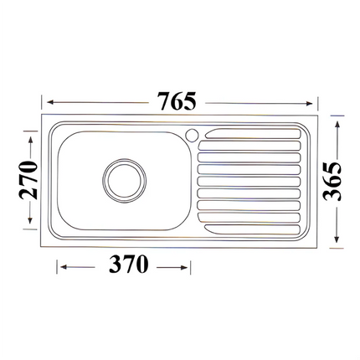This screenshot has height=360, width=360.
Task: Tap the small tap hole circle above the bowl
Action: pyautogui.click(x=190, y=134)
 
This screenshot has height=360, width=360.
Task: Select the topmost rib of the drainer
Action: pyautogui.click(x=250, y=134)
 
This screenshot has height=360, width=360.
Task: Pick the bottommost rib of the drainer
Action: pyautogui.click(x=250, y=225)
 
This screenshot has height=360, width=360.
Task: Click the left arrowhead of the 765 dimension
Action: pyautogui.click(x=48, y=102)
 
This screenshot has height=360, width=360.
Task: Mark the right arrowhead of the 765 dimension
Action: pyautogui.click(x=316, y=102)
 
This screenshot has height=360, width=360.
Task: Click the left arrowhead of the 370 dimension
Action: pyautogui.click(x=59, y=267)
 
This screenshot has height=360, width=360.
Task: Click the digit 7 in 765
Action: pyautogui.click(x=162, y=101)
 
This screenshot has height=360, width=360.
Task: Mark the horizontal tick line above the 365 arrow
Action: pyautogui.click(x=335, y=111)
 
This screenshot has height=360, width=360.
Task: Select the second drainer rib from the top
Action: pyautogui.click(x=250, y=147)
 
